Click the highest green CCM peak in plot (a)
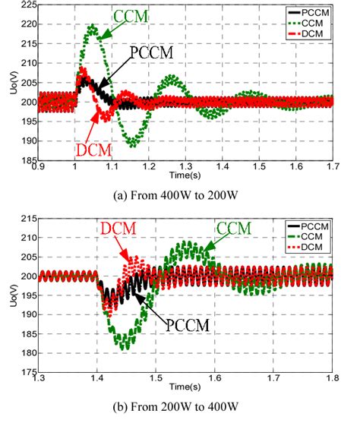[x=92, y=27]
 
